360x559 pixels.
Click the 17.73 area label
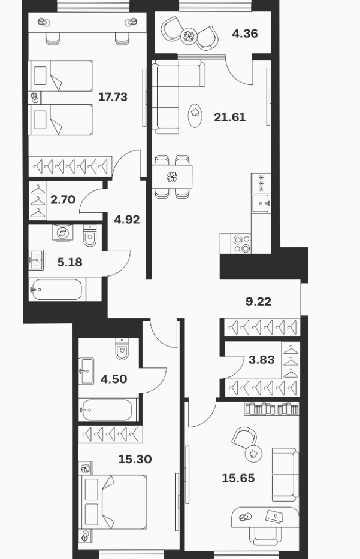tap(113, 97)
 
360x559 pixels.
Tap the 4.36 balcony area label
tap(245, 34)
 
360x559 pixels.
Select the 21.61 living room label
tap(230, 117)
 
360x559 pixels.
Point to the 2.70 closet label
tap(63, 200)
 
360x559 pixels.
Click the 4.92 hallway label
tap(126, 220)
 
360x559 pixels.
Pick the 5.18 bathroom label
tap(70, 262)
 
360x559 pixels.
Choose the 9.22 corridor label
tap(258, 302)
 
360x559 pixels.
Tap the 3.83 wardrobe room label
tap(262, 360)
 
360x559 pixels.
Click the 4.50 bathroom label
tap(114, 379)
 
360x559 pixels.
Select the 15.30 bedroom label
tap(135, 459)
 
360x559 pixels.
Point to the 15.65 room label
tap(238, 478)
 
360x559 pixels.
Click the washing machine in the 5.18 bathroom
tap(63, 233)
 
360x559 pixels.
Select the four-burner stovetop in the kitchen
tap(241, 244)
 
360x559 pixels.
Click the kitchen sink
tap(261, 203)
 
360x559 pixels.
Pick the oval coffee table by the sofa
tap(195, 116)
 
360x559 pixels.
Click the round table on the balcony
tap(188, 36)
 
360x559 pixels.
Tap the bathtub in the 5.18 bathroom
tap(57, 290)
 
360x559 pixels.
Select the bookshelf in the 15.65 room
tap(271, 409)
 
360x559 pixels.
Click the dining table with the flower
tap(172, 177)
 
